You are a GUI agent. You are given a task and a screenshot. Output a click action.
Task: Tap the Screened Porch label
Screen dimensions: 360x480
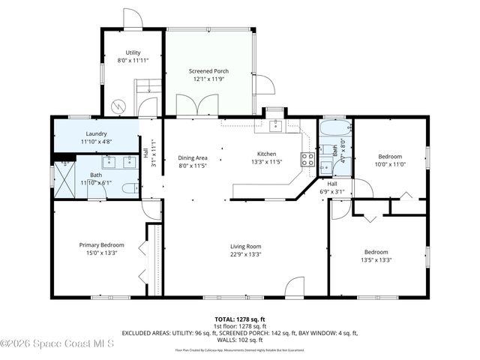click(x=208, y=70)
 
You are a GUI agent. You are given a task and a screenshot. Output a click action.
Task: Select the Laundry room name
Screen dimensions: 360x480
click(x=96, y=133)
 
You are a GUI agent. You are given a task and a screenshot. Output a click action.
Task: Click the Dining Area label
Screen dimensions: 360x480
click(x=192, y=157)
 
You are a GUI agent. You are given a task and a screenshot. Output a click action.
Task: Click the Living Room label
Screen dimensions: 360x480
click(x=244, y=246)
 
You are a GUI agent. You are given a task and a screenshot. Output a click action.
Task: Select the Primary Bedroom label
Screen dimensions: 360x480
click(x=102, y=245)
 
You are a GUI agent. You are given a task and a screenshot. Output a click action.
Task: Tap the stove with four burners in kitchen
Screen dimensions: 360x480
click(x=307, y=158)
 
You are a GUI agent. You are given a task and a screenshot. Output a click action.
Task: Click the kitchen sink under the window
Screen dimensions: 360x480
click(x=275, y=124)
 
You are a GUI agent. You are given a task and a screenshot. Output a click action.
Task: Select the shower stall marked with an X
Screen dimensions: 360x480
click(x=64, y=178)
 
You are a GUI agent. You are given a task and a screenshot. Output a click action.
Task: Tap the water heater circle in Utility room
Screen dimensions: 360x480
click(x=117, y=105)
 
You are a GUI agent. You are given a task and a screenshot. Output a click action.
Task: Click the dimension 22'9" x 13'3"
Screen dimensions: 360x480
click(x=244, y=253)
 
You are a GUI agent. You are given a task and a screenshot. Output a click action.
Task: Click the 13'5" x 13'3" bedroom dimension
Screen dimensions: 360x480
click(x=376, y=260)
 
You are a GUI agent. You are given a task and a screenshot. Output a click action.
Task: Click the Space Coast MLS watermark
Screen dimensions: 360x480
click(x=57, y=344)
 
